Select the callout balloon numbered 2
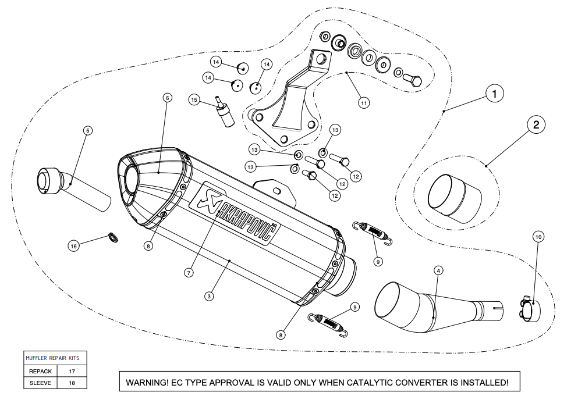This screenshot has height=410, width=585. point(536,124)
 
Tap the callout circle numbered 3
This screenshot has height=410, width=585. point(209,296)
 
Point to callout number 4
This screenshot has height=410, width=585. point(438,270)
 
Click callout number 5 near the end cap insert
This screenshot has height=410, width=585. point(87,131)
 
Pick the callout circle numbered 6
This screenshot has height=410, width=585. point(167,98)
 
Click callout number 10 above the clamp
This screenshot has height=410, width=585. point(538,237)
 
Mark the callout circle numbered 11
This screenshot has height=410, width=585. point(364,103)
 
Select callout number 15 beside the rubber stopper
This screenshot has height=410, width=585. point(195,100)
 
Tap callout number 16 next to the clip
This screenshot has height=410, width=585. point(73,246)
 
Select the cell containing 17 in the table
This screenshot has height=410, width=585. point(72,370)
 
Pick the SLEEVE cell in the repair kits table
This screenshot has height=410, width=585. point(40,383)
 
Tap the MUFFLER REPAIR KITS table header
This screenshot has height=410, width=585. point(56,358)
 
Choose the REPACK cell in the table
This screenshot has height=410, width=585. point(40,370)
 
